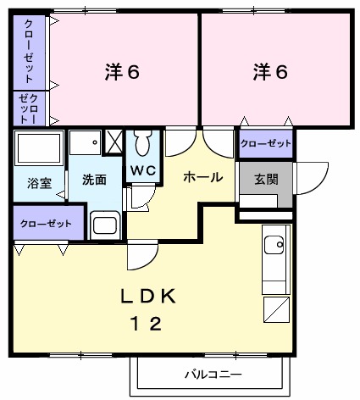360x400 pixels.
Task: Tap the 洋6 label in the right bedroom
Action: [269, 73]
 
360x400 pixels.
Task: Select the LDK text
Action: [147, 297]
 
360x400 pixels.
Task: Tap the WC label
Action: [141, 169]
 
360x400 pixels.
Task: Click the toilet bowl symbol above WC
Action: [142, 144]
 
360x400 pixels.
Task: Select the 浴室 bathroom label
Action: [38, 181]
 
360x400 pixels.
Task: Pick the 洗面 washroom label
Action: [94, 180]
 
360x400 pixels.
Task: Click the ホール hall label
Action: [203, 177]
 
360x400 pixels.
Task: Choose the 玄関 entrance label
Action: [265, 181]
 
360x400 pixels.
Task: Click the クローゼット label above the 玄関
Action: [265, 144]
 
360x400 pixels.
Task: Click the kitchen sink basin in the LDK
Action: [275, 246]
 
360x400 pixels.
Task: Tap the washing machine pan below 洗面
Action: [106, 225]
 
